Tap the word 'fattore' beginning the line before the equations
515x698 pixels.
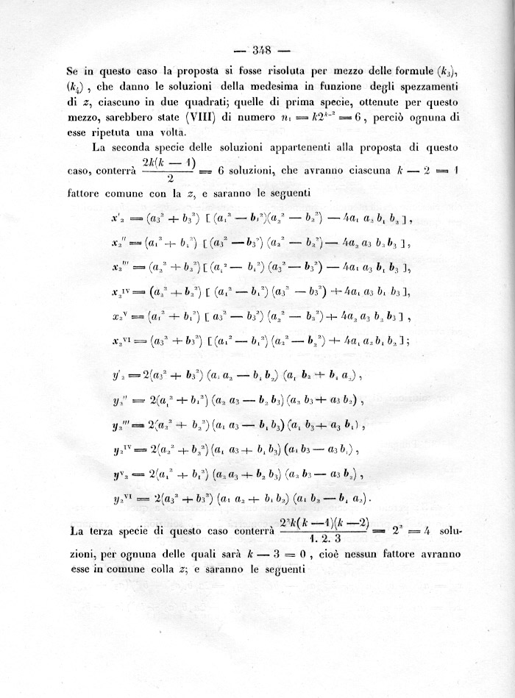[x=86, y=194]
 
